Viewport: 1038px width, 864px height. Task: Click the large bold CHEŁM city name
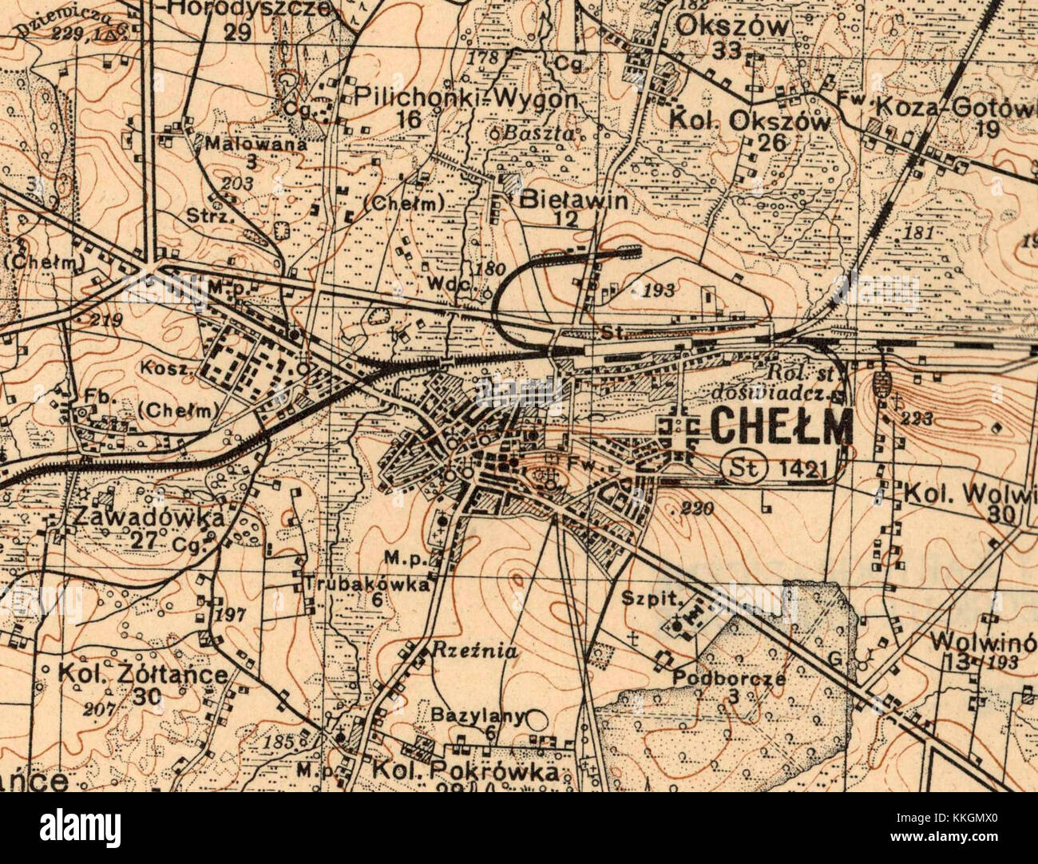point(781,426)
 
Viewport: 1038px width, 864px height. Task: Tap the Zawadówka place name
point(147,517)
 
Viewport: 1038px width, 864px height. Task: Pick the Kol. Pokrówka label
point(464,773)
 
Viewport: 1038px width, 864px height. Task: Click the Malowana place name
point(256,145)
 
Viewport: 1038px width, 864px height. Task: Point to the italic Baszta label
point(544,133)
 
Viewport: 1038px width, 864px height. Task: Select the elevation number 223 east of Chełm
point(914,418)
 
